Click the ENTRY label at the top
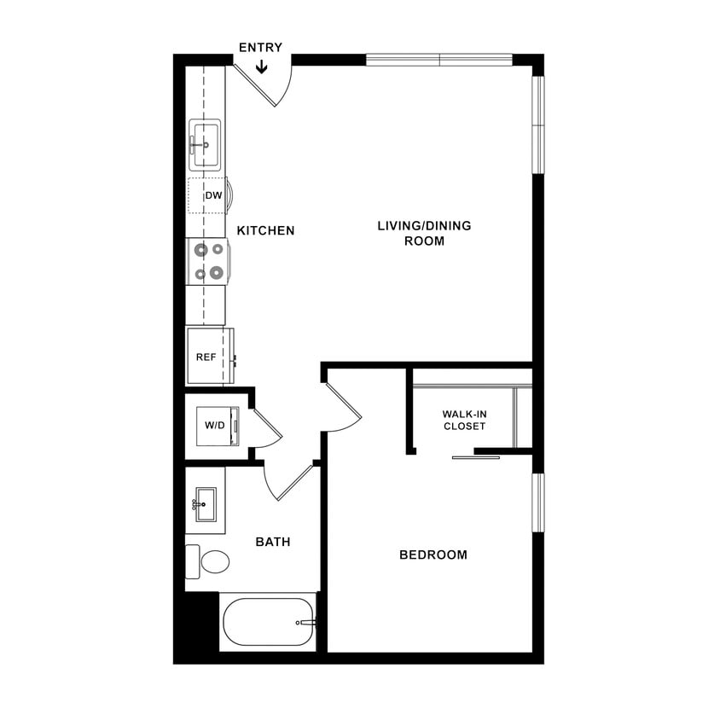(x=260, y=48)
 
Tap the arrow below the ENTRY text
(x=261, y=66)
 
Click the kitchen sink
(x=205, y=146)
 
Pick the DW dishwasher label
(x=213, y=195)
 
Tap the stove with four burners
(x=208, y=261)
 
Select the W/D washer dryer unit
(x=213, y=425)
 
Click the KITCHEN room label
(x=265, y=230)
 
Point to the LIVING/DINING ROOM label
(x=424, y=233)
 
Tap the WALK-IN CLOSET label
(x=464, y=420)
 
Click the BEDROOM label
(x=433, y=555)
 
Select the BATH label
(x=273, y=542)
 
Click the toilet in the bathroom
(x=210, y=561)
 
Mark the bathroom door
(x=290, y=482)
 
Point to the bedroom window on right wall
(x=537, y=502)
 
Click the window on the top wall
(x=438, y=60)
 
